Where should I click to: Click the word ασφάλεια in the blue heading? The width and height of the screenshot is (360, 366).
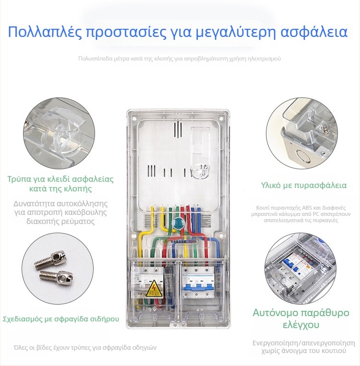tap(314, 32)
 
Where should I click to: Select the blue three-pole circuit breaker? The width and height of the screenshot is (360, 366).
tap(198, 280)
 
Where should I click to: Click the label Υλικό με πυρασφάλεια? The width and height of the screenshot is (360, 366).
tap(304, 185)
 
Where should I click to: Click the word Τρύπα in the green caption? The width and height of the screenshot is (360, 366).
tap(19, 179)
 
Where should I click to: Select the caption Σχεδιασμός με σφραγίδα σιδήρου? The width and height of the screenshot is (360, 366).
tap(61, 319)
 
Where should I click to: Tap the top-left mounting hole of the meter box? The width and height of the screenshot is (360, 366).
tap(135, 118)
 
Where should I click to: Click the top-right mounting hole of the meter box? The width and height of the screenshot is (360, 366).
tap(221, 118)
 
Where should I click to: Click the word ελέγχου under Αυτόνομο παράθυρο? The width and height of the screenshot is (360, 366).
tap(301, 325)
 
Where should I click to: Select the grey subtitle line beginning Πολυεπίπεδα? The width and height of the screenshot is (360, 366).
tap(180, 59)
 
